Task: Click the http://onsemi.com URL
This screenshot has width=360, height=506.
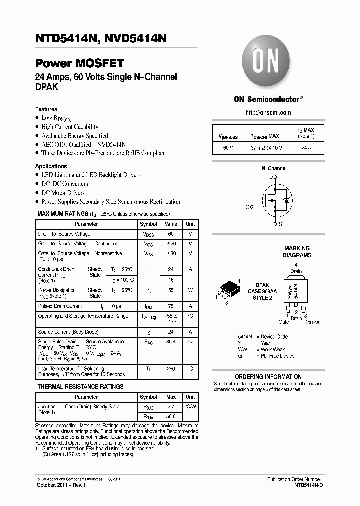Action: click(268, 113)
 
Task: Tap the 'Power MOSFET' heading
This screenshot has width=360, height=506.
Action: click(79, 64)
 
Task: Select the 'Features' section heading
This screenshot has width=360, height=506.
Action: click(46, 109)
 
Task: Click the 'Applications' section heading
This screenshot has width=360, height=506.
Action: click(51, 166)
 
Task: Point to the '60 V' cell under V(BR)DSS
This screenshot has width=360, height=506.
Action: click(228, 148)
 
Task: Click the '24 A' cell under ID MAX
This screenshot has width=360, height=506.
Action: click(306, 148)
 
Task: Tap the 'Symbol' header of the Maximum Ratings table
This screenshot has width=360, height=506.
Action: click(148, 224)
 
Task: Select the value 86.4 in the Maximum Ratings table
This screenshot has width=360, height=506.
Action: click(171, 342)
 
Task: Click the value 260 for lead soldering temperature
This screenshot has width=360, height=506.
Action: click(171, 369)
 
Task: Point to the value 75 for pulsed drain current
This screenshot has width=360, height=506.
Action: click(171, 306)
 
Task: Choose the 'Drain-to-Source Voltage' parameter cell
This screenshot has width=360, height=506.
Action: click(64, 234)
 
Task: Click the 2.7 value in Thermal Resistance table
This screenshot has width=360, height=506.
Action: click(171, 407)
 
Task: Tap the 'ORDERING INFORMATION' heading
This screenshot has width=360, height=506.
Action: click(268, 377)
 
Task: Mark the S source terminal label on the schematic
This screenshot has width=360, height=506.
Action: click(280, 224)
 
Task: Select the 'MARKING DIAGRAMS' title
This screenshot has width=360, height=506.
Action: click(297, 252)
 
